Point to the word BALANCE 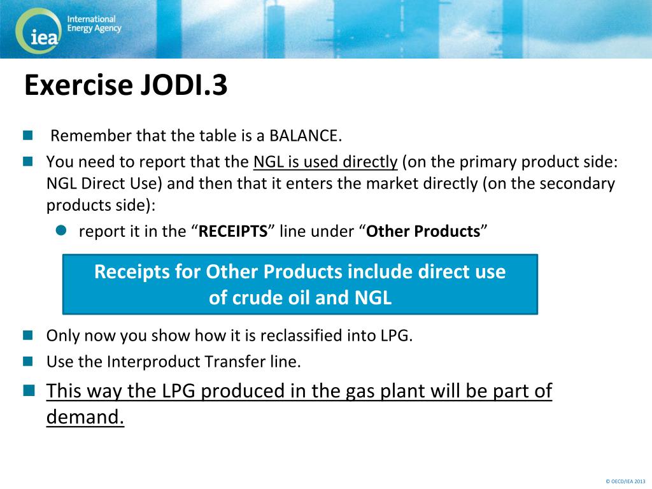tap(305, 136)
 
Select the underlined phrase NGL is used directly tap(325, 162)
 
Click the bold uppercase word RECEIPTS tap(233, 231)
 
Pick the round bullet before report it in tap(61, 230)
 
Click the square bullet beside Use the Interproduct tap(28, 361)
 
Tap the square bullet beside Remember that tap(28, 136)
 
